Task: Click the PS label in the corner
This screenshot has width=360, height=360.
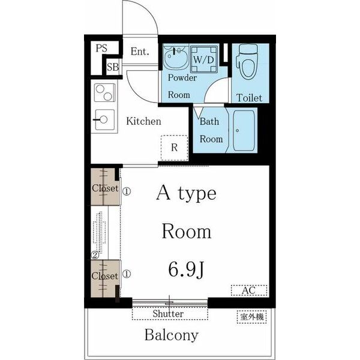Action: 101,48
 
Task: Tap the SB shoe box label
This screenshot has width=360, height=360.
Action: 113,67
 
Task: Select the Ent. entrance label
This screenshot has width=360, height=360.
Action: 140,51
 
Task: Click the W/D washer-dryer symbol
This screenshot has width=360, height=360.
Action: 204,59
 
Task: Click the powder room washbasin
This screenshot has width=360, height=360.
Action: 176,56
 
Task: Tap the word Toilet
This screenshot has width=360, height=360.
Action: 249,98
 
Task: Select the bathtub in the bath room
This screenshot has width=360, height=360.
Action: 244,131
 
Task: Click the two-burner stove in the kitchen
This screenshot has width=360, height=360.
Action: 104,92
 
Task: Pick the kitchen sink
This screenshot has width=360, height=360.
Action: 104,120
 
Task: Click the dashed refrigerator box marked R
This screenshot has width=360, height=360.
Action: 175,148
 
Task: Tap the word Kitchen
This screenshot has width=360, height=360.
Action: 144,121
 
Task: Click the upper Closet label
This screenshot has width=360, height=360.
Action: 105,188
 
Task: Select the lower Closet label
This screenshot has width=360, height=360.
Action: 104,276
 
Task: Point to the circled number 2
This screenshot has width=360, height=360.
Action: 95,255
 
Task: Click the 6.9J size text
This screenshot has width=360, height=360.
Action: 186,269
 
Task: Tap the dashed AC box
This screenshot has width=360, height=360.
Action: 249,290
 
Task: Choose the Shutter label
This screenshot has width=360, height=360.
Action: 168,314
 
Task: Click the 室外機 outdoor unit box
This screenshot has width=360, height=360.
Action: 251,317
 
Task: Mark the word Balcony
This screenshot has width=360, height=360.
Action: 171,335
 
